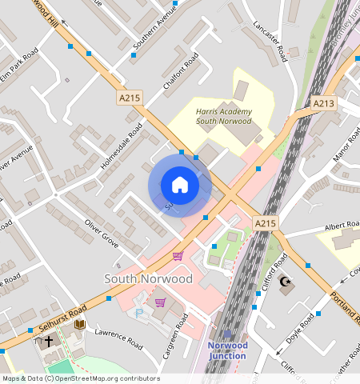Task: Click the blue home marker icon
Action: (180, 185)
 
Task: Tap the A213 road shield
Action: (324, 103)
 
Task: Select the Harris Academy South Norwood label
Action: (224, 116)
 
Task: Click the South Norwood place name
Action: (148, 278)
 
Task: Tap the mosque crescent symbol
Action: (286, 282)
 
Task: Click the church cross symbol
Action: (48, 341)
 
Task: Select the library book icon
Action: (79, 324)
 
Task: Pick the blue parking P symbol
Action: (141, 314)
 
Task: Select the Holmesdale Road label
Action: (122, 146)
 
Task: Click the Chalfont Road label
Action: (180, 73)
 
